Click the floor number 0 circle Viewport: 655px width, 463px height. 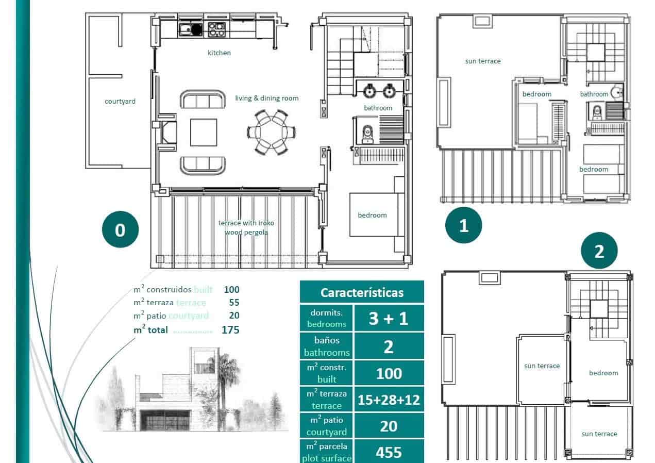pos(120,230)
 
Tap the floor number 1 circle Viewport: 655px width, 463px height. pos(464,225)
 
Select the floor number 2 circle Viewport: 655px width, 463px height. pos(599,252)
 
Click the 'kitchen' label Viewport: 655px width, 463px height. pos(219,53)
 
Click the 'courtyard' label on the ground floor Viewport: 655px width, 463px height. pos(120,101)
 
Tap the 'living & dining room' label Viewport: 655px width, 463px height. pos(266,98)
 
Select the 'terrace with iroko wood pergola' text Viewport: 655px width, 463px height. pos(246,227)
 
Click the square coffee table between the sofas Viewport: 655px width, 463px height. pos(204,133)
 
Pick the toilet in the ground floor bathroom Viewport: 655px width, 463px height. pos(367,133)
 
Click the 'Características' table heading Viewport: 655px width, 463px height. pos(362,292)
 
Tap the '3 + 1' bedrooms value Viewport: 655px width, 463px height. pos(389,318)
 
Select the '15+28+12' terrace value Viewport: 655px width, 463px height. pos(389,400)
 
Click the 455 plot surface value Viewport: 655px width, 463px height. pos(389,452)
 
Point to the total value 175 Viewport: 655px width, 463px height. pos(230,330)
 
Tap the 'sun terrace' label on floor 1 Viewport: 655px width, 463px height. pos(482,61)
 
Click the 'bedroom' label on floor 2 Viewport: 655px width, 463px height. pos(603,373)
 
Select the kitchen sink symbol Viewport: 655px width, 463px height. pos(187,29)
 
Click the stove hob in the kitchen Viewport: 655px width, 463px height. pos(216,29)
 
